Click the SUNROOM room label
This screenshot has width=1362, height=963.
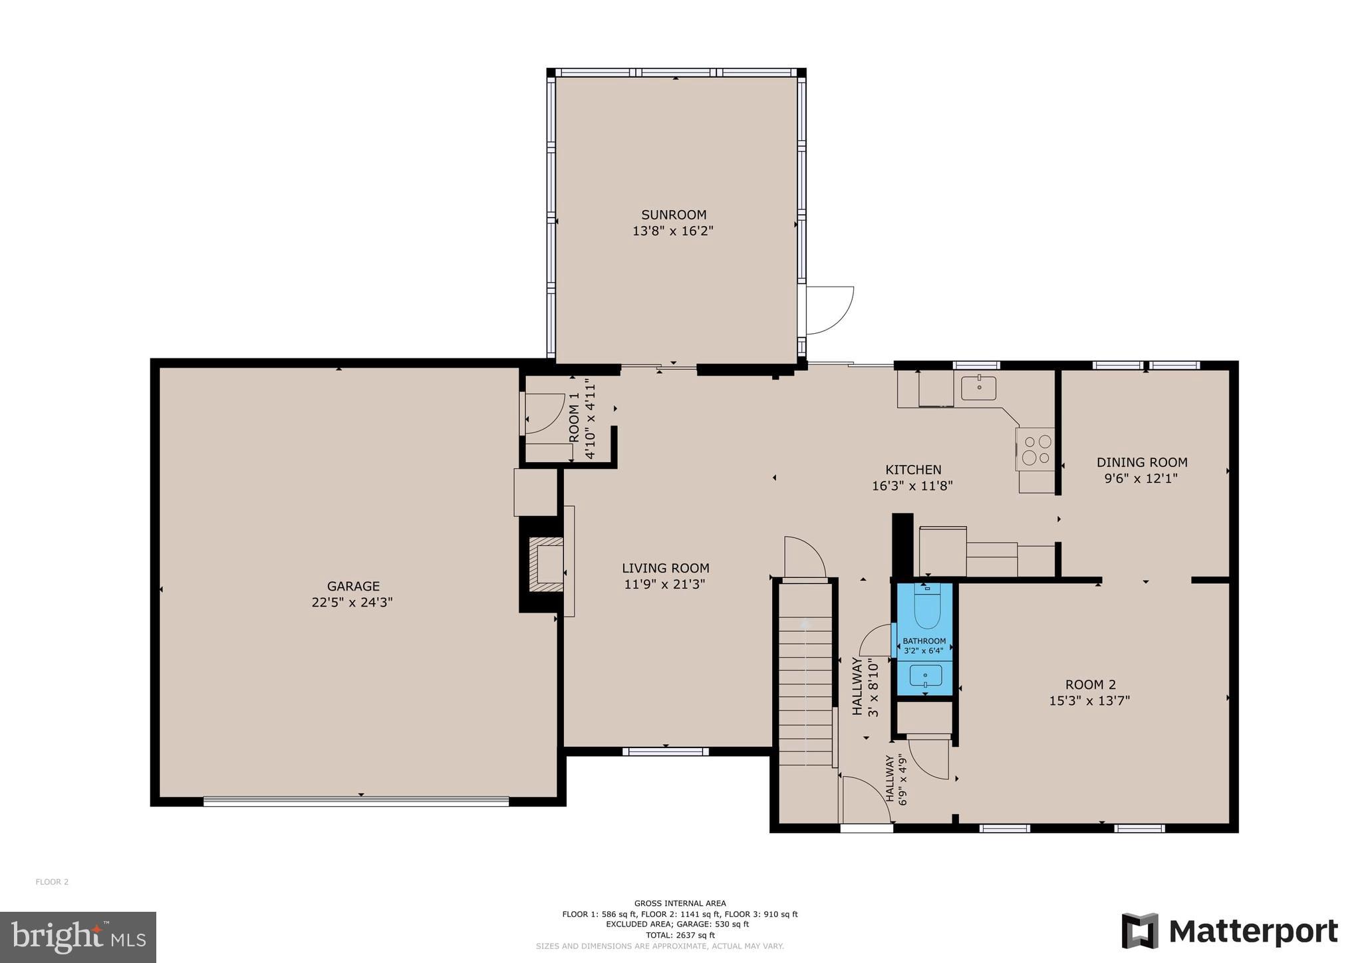click(x=673, y=215)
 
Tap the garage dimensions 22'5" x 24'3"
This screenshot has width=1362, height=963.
click(x=352, y=603)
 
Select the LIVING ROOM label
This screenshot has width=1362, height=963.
click(x=665, y=568)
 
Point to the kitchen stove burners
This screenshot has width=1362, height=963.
click(x=1036, y=450)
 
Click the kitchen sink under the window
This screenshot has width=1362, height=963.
click(x=978, y=388)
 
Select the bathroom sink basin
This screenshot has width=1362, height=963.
click(x=925, y=676)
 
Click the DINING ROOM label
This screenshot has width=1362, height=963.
click(x=1141, y=462)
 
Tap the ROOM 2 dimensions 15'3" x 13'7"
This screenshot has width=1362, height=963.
click(x=1089, y=700)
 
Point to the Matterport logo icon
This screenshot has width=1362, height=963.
click(x=1140, y=930)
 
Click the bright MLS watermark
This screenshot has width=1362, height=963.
click(x=78, y=937)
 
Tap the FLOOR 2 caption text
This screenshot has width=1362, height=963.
click(x=52, y=882)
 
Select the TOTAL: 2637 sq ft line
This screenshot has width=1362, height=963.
click(x=680, y=935)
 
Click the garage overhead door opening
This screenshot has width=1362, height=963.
click(x=356, y=801)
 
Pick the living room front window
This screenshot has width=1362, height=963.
click(x=665, y=752)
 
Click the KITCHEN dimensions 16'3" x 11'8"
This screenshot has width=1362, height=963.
click(x=912, y=486)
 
